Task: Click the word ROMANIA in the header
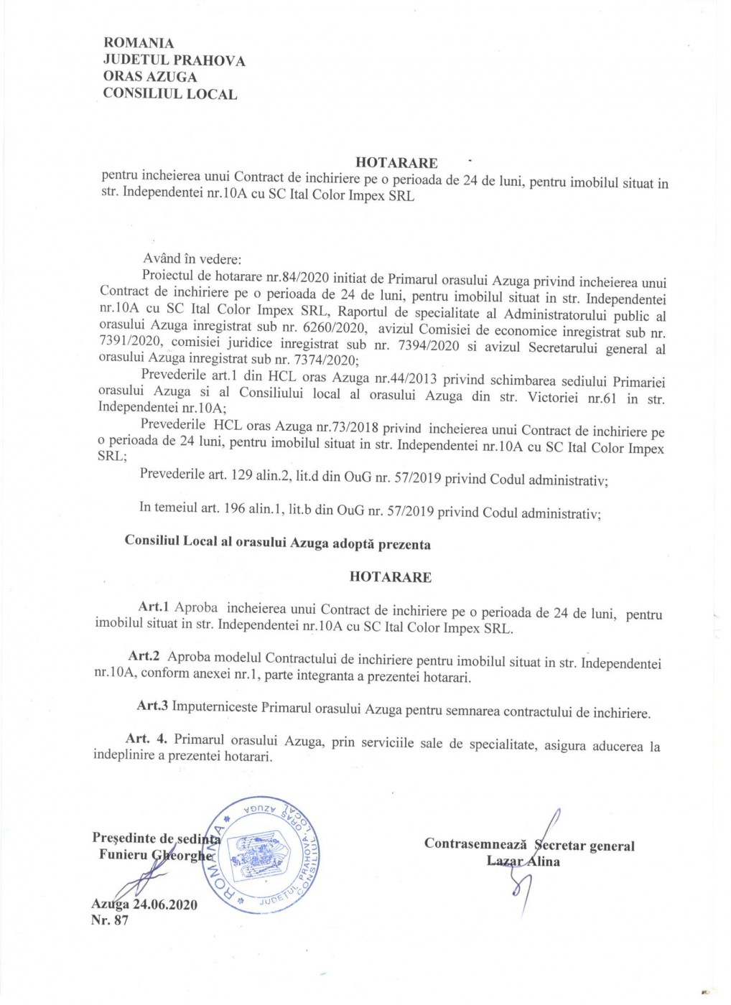[139, 43]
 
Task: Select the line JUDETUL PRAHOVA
[174, 60]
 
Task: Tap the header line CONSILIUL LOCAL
[169, 94]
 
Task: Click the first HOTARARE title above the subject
[396, 163]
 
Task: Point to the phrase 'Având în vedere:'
[192, 259]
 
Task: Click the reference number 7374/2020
[320, 360]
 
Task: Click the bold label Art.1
[154, 607]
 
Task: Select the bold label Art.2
[144, 656]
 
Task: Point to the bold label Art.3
[152, 706]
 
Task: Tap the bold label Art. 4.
[146, 739]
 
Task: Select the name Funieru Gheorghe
[156, 855]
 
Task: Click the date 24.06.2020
[164, 904]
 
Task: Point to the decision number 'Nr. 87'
[110, 920]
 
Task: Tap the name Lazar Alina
[523, 861]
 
